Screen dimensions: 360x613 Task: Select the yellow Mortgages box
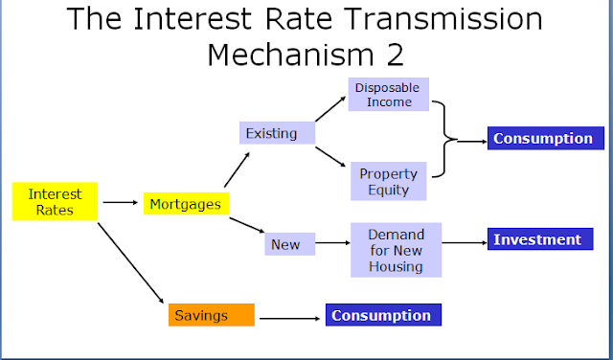tap(185, 203)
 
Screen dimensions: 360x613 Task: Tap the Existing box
tap(271, 132)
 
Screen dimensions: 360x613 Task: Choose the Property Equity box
tap(387, 181)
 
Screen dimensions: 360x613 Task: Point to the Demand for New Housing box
tap(395, 250)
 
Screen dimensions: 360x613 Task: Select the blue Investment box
tap(543, 239)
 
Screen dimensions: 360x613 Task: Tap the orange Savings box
tap(212, 315)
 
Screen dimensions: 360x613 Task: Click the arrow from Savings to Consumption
tap(289, 316)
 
